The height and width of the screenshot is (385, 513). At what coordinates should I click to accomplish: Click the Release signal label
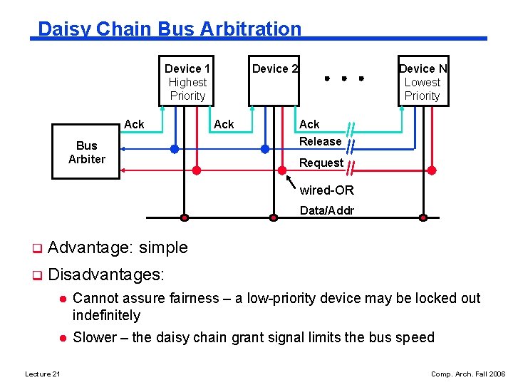click(x=321, y=141)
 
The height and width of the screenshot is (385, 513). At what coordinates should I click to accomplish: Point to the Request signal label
click(x=321, y=163)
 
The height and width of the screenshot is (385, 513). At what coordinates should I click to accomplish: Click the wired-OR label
click(x=327, y=190)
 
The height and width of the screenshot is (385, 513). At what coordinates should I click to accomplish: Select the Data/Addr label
click(x=327, y=210)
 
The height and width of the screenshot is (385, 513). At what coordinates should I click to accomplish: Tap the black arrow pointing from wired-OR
click(x=291, y=182)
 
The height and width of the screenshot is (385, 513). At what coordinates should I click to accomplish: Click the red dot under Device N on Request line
click(x=432, y=170)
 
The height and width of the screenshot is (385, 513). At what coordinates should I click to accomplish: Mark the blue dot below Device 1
click(x=175, y=149)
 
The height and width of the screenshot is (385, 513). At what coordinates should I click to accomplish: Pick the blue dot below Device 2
click(x=265, y=149)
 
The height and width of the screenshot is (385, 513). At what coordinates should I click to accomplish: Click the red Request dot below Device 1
click(x=197, y=170)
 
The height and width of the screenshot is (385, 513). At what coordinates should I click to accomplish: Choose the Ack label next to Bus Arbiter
click(x=134, y=124)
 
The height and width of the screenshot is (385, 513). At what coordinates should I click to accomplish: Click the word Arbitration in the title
click(x=251, y=29)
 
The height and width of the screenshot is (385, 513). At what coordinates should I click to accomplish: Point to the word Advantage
click(x=90, y=248)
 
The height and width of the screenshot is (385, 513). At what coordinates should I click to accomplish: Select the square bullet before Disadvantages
click(x=37, y=275)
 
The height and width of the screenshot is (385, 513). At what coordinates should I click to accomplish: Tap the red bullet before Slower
click(x=63, y=338)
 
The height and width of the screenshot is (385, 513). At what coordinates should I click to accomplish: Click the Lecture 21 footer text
click(x=43, y=374)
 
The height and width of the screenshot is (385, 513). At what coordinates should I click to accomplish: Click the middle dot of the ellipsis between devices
click(x=344, y=78)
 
